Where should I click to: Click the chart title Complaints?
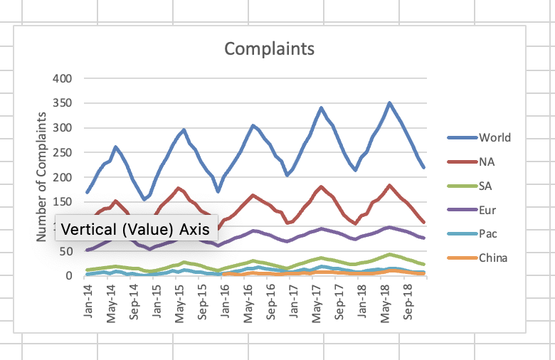tap(269, 49)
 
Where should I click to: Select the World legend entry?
tap(495, 137)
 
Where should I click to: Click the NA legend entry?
tap(487, 162)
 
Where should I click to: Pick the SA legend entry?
tap(486, 186)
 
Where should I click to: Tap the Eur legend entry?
tap(487, 210)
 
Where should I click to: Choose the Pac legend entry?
tap(487, 233)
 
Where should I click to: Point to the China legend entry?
tap(493, 258)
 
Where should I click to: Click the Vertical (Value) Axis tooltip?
tap(131, 229)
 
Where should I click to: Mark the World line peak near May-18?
tap(389, 103)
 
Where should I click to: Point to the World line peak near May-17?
tap(321, 108)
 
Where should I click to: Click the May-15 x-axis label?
tap(179, 304)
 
